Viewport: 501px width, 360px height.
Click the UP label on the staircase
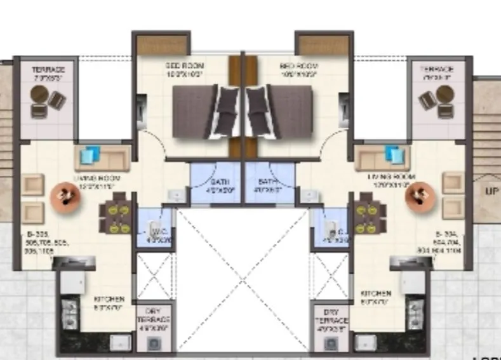491,191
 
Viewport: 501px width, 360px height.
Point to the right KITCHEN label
375,293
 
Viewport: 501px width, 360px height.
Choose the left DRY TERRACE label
154,315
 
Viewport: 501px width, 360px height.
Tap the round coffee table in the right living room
418,196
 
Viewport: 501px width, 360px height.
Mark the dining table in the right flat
367,216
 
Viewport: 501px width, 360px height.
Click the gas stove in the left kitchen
67,312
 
